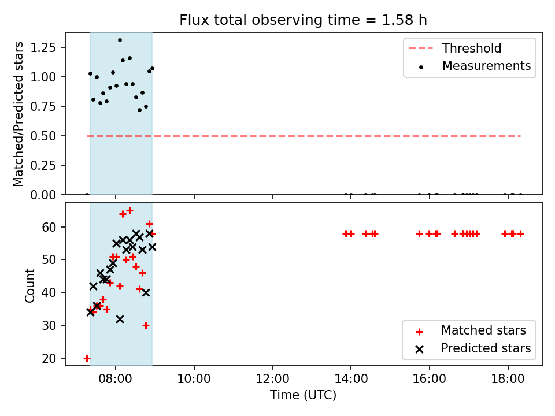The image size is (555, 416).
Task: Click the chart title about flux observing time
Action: coord(303,20)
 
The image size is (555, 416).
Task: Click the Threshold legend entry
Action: coord(455,48)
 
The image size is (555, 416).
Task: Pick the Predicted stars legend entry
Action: coord(473,348)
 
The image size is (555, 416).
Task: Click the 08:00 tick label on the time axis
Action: coord(116,379)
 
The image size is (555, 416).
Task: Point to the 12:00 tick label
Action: coord(272,379)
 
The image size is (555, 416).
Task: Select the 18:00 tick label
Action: coord(508,379)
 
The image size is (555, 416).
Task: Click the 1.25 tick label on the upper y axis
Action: coord(43,47)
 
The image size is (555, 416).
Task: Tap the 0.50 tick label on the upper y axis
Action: coord(43,136)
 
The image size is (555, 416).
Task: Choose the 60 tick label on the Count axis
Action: coord(49,226)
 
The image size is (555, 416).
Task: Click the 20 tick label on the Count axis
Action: coord(49,358)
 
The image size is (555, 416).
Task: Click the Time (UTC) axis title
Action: coord(303,395)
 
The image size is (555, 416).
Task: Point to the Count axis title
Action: coord(29,285)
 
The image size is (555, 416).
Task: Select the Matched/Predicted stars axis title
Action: coord(18,114)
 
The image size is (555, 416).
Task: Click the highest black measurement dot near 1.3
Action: coord(120,40)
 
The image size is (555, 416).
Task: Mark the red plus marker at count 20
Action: coord(87,358)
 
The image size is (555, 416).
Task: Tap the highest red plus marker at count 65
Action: coord(129,211)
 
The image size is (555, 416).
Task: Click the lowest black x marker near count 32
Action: coord(120,320)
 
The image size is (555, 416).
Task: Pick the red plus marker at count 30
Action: coord(146,325)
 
